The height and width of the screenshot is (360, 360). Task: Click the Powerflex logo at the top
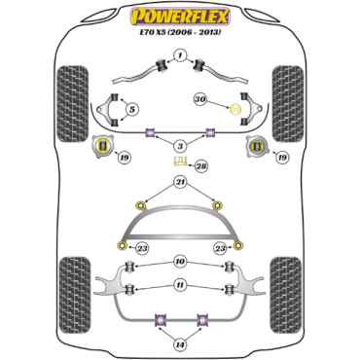(179, 16)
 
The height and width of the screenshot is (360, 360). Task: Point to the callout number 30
(200, 97)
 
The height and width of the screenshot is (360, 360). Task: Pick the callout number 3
(179, 146)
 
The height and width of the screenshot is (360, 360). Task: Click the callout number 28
(202, 167)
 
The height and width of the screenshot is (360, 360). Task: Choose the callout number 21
(179, 182)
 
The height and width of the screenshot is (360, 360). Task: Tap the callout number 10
(179, 261)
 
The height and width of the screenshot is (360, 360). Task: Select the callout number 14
(179, 342)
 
